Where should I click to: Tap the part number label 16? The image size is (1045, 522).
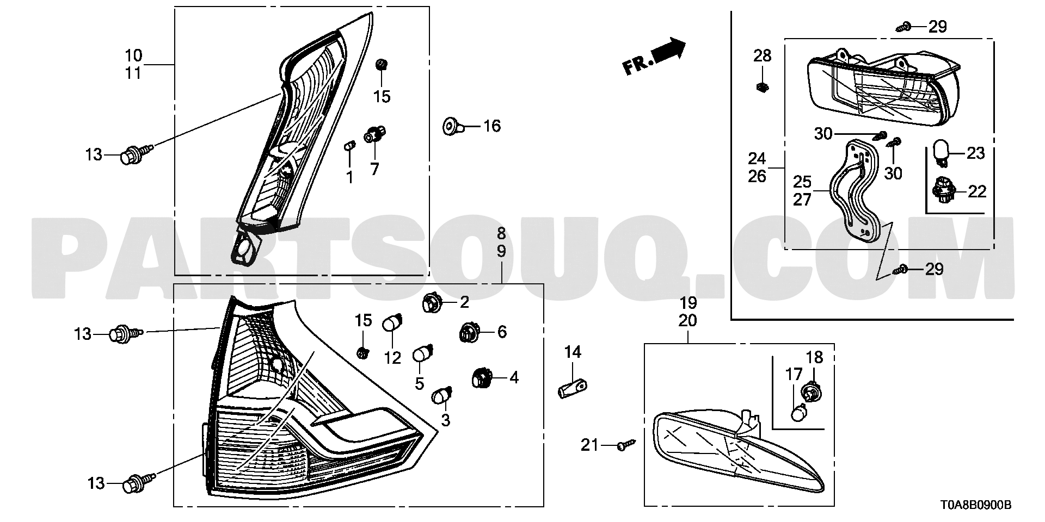491,126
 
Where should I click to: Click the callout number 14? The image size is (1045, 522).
573,352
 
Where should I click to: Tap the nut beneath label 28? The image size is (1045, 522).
762,86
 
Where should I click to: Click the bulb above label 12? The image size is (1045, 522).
393,322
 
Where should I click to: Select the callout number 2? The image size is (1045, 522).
464,302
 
